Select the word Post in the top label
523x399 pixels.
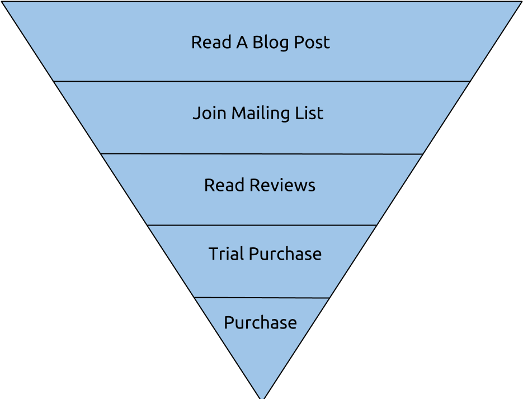pos(313,43)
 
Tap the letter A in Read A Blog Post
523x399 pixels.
pos(242,43)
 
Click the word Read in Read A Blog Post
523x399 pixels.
pos(211,43)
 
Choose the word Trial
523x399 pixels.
pos(226,254)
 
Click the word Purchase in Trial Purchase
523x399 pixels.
pos(285,254)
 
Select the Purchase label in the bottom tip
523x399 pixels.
pos(260,323)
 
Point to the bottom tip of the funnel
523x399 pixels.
pos(262,396)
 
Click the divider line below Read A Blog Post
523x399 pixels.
pos(261,82)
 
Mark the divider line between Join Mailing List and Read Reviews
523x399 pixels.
pos(261,153)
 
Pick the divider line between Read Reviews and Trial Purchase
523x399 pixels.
pos(261,225)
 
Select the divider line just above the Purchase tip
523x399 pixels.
pos(261,298)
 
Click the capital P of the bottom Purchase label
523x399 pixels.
pos(229,323)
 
